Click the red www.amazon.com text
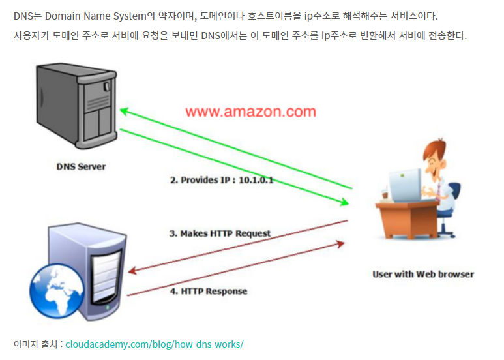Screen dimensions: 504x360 pyautogui.click(x=250, y=112)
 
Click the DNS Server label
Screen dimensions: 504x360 pyautogui.click(x=81, y=166)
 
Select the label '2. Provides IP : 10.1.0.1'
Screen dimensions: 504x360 pyautogui.click(x=222, y=179)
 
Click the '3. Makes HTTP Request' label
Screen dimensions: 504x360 pyautogui.click(x=220, y=233)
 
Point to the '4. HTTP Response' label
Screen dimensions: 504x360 pyautogui.click(x=209, y=291)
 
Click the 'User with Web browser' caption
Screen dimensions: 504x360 pyautogui.click(x=423, y=274)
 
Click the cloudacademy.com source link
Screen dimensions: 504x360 pyautogui.click(x=154, y=343)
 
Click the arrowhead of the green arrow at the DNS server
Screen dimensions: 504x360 pyautogui.click(x=124, y=112)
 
